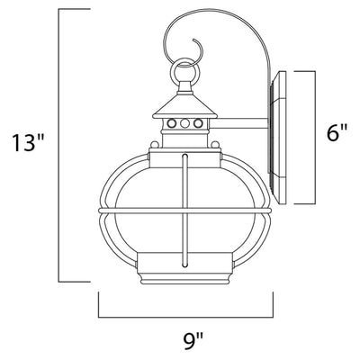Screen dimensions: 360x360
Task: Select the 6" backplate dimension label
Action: pyautogui.click(x=337, y=132)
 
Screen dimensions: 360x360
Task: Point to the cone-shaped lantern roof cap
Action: pyautogui.click(x=185, y=106)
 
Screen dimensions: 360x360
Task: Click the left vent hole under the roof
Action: pyautogui.click(x=172, y=123)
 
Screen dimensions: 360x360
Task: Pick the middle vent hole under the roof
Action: pyautogui.click(x=185, y=123)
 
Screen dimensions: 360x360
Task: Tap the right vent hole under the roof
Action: pyautogui.click(x=198, y=123)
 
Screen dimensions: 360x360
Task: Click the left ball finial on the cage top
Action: pyautogui.click(x=155, y=144)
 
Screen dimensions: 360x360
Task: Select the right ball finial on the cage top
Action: pyautogui.click(x=215, y=144)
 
